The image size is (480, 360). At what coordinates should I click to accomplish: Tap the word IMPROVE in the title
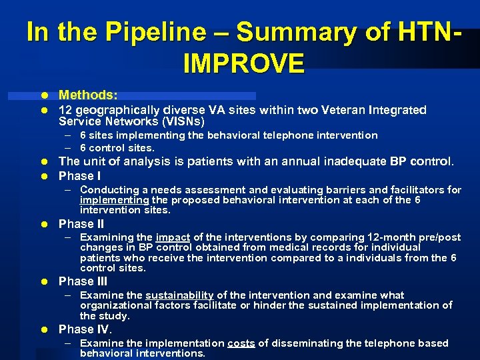(243, 63)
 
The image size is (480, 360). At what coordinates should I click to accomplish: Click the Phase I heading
(80, 176)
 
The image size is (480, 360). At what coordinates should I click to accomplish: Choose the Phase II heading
(81, 224)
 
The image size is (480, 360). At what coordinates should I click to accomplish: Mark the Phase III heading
(83, 281)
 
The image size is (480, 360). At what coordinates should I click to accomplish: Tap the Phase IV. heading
(85, 329)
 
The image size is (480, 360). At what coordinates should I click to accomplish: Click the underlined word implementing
(114, 200)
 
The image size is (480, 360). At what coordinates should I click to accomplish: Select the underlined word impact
(172, 237)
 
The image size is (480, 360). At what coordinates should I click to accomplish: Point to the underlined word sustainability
(179, 295)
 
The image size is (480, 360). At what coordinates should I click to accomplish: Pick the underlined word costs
(241, 343)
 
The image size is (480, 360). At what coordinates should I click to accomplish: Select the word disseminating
(302, 343)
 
